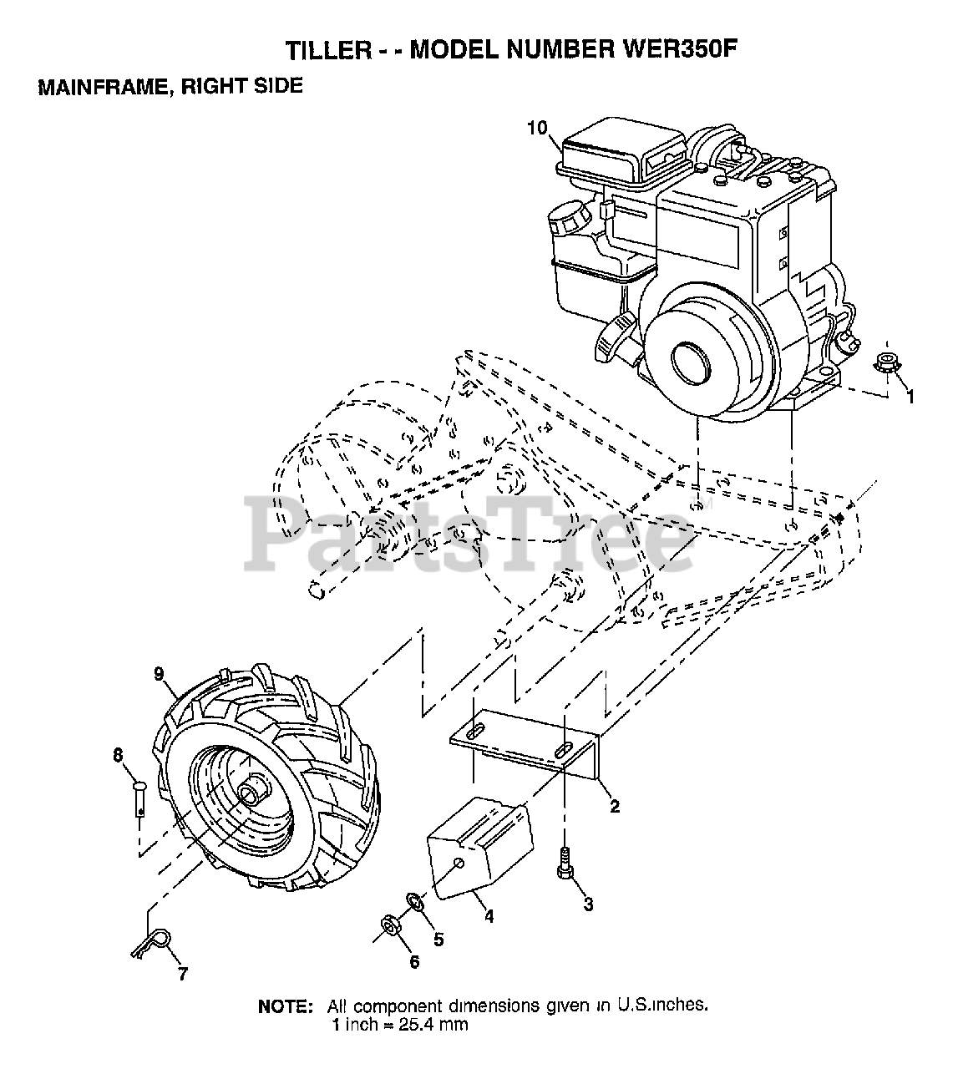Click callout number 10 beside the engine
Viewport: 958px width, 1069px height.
[x=538, y=128]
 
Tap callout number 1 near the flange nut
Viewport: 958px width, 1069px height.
[x=910, y=398]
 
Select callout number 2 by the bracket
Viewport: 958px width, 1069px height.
[x=615, y=806]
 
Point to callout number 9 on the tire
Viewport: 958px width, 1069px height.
[x=159, y=671]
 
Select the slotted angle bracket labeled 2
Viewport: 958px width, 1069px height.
[x=525, y=741]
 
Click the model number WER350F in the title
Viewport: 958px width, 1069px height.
[x=681, y=50]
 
